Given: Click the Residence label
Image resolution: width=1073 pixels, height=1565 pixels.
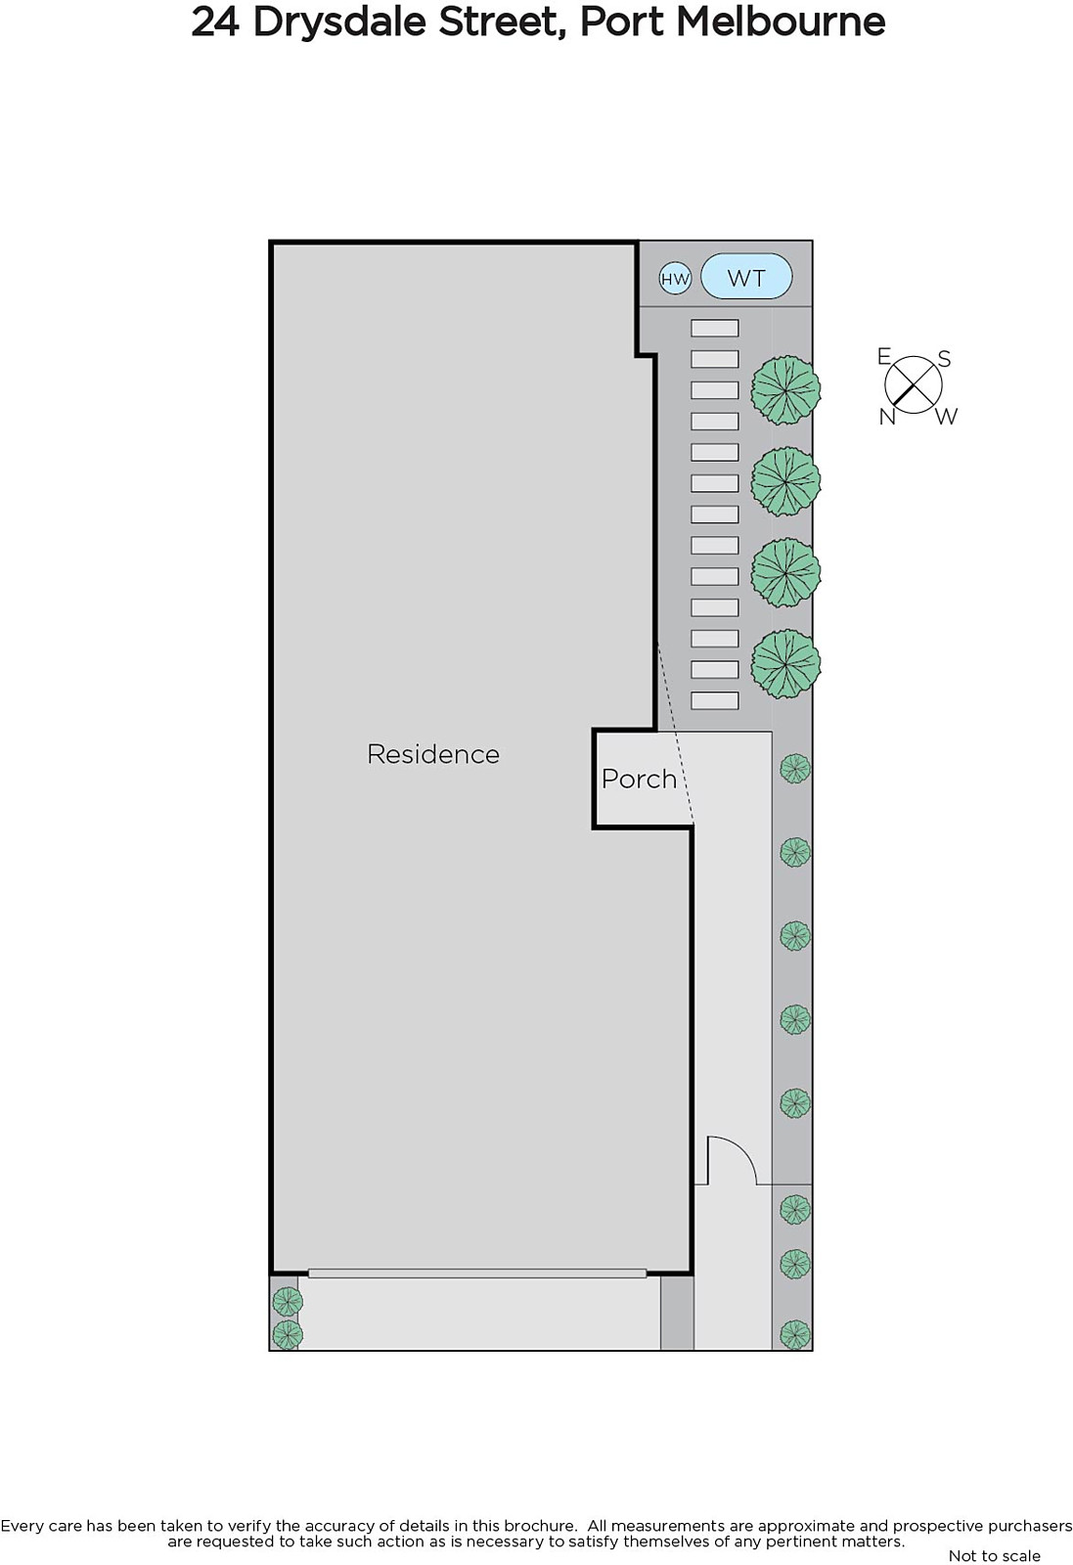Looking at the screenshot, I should tap(432, 754).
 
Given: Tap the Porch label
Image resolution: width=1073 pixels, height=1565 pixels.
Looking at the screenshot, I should tap(639, 779).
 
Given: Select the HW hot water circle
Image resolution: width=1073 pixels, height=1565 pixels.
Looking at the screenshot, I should tap(675, 279).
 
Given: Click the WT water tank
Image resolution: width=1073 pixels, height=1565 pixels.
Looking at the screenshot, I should tap(746, 278).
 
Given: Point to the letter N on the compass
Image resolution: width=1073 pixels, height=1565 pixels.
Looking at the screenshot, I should tap(887, 417).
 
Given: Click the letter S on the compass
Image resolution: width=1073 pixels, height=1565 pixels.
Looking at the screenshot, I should tap(944, 359).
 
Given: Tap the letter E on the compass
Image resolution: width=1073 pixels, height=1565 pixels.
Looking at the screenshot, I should tap(884, 356).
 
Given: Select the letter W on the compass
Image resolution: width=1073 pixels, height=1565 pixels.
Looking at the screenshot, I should tap(946, 417).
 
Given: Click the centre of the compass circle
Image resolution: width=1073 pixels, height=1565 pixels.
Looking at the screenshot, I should tap(914, 383).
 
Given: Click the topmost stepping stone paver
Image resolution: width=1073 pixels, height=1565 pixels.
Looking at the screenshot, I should tap(715, 329).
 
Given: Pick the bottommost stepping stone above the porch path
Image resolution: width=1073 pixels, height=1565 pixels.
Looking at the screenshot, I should tap(715, 700).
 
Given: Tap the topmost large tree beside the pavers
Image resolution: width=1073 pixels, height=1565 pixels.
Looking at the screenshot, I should tap(785, 390).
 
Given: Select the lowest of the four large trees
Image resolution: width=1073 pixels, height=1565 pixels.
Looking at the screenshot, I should tap(785, 664).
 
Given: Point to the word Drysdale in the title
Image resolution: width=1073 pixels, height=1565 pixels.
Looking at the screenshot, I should tap(405, 22).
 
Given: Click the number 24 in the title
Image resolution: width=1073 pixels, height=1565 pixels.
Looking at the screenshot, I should tap(215, 22).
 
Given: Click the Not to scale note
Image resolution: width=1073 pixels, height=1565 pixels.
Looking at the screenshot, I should tap(994, 1555).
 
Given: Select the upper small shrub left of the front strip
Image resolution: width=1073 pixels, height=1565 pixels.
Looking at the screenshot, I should tap(288, 1302).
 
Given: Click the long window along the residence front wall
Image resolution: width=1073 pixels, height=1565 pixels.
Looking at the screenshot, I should tap(477, 1274).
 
